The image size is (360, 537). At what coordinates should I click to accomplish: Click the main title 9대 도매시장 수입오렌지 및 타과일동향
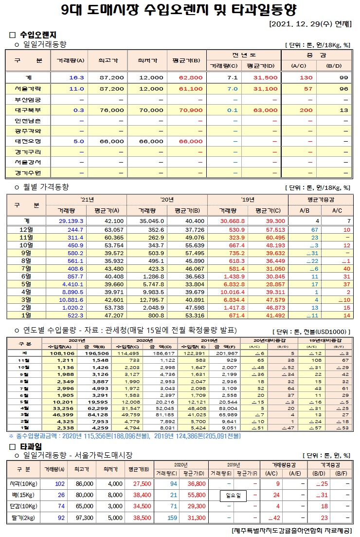(x=180, y=10)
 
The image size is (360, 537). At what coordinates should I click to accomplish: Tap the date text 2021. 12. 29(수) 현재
(x=309, y=24)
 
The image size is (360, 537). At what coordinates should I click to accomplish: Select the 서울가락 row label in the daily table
(x=24, y=89)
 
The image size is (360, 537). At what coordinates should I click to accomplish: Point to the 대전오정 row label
(x=24, y=141)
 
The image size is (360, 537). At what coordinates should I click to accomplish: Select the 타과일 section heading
(x=31, y=446)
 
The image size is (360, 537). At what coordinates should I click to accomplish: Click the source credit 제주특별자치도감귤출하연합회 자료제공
(x=290, y=530)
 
